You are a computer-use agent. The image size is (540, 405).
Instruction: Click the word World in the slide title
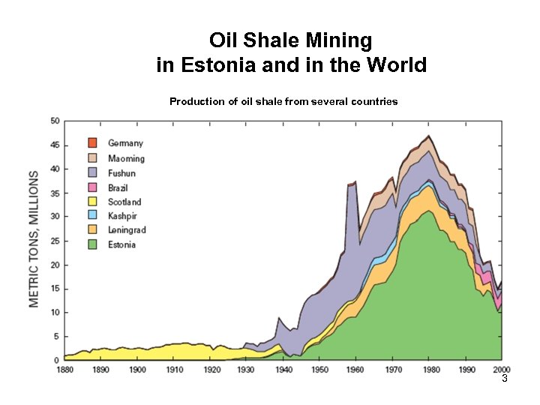pyautogui.click(x=396, y=65)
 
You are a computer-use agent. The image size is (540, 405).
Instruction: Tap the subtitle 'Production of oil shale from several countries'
pyautogui.click(x=283, y=101)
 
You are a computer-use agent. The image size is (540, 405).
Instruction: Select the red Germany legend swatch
pyautogui.click(x=93, y=142)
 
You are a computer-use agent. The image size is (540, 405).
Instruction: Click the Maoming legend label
pyautogui.click(x=126, y=158)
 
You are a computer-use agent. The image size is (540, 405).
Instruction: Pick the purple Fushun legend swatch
pyautogui.click(x=93, y=172)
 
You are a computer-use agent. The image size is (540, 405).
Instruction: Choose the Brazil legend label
pyautogui.click(x=118, y=187)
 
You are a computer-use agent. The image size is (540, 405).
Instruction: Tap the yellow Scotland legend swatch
pyautogui.click(x=93, y=202)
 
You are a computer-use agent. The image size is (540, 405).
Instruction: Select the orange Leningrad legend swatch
pyautogui.click(x=93, y=230)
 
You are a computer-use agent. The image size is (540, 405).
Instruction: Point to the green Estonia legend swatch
pyautogui.click(x=93, y=244)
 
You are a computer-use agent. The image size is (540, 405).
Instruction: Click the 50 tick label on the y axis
pyautogui.click(x=55, y=121)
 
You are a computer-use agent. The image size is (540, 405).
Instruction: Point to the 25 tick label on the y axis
pyautogui.click(x=55, y=241)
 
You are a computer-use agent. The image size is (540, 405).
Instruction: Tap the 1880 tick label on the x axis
pyautogui.click(x=65, y=370)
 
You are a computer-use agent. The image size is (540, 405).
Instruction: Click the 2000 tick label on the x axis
pyautogui.click(x=502, y=370)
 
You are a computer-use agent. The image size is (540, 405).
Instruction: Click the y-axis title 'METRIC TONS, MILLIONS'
pyautogui.click(x=34, y=239)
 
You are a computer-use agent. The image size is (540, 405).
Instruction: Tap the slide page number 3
pyautogui.click(x=505, y=380)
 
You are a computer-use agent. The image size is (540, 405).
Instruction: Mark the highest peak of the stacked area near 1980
pyautogui.click(x=429, y=136)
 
